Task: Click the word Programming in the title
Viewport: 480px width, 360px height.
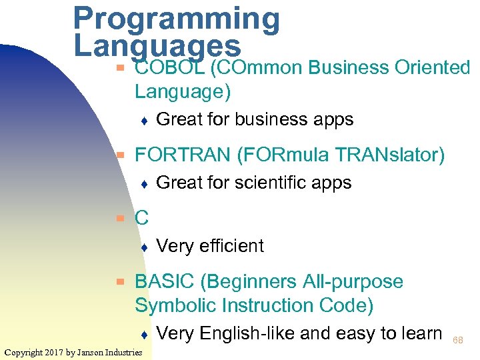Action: point(176,20)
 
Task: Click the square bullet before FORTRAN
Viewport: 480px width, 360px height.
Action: point(121,155)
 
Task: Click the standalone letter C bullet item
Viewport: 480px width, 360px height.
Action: point(141,218)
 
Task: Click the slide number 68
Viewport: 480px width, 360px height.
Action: point(458,341)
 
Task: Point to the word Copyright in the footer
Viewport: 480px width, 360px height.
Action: point(27,352)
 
